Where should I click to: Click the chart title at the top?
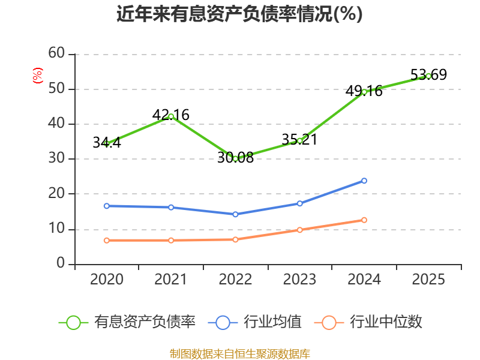(x=239, y=14)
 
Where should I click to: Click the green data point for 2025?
(x=428, y=76)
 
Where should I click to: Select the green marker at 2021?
(x=171, y=116)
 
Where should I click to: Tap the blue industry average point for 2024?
(x=364, y=181)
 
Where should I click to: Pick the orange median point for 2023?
(x=299, y=230)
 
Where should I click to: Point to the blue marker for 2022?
(x=235, y=214)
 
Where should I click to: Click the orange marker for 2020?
(x=107, y=241)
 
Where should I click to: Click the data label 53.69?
(x=428, y=74)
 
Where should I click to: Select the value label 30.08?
(x=235, y=158)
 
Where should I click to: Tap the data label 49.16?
(x=364, y=91)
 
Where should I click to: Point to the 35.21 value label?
(x=299, y=140)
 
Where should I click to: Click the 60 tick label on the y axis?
(x=56, y=53)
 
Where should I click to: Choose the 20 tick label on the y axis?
(x=56, y=193)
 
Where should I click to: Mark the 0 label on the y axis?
(x=61, y=263)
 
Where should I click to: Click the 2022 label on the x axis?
(x=235, y=279)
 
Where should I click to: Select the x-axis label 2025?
(x=428, y=279)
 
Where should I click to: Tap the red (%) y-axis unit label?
(x=38, y=76)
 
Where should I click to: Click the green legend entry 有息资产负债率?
(x=127, y=322)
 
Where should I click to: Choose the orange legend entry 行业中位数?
(x=368, y=322)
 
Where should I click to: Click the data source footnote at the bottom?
(x=240, y=354)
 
